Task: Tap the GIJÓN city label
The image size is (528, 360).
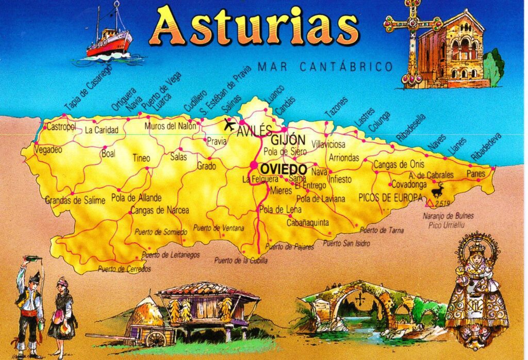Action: pyautogui.click(x=288, y=140)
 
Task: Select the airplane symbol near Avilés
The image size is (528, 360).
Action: pyautogui.click(x=229, y=125)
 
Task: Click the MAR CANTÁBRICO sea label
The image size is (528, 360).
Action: pyautogui.click(x=325, y=67)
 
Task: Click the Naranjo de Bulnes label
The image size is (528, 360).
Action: pyautogui.click(x=448, y=216)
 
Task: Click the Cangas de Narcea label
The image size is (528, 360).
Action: pyautogui.click(x=159, y=210)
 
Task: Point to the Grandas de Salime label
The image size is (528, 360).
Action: pyautogui.click(x=75, y=200)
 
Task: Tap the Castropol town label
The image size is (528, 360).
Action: pyautogui.click(x=61, y=127)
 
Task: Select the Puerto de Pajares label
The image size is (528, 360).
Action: pyautogui.click(x=290, y=247)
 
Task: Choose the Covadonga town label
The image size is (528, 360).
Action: pyautogui.click(x=409, y=184)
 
